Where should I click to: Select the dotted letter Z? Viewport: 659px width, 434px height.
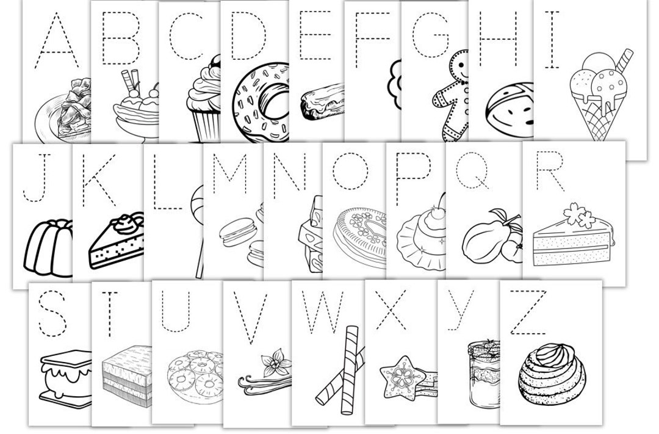pos(528,313)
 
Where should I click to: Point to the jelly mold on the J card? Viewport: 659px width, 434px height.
pos(48,249)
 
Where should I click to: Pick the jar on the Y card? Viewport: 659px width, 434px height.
pos(483,374)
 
